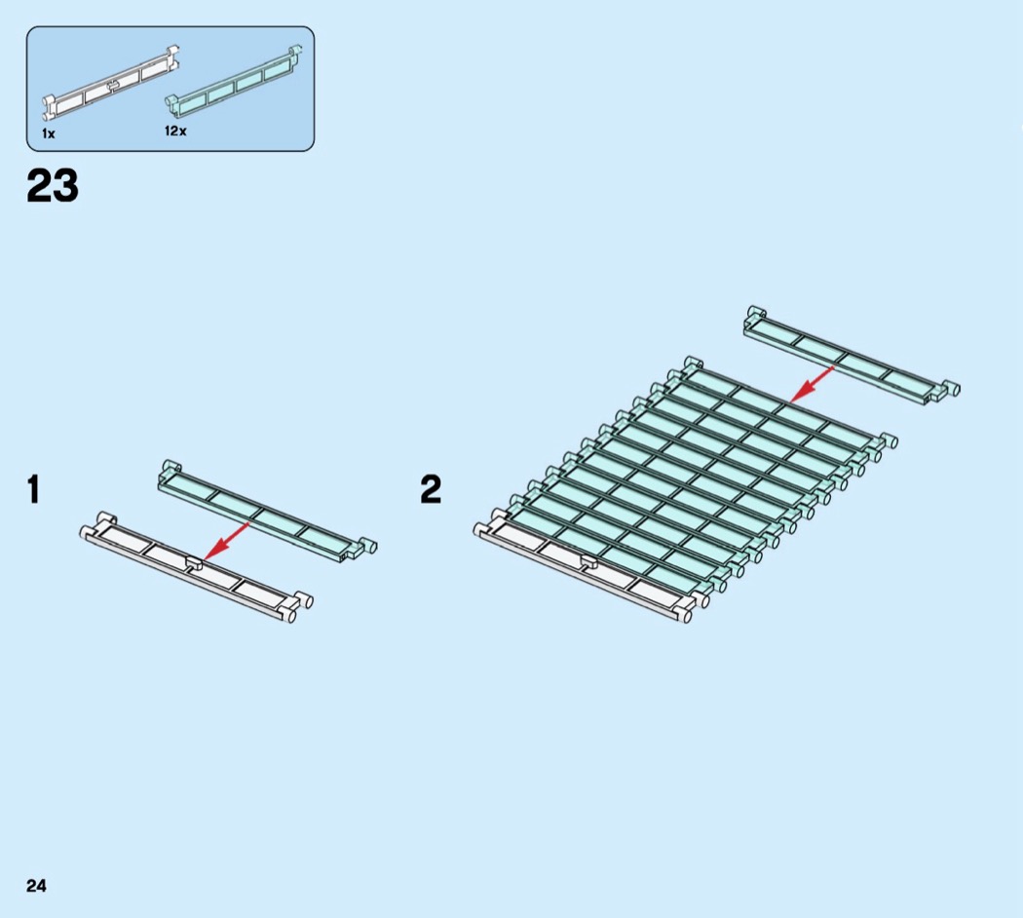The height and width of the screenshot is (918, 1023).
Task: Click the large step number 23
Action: point(53,186)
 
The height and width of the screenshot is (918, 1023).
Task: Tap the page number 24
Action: point(36,885)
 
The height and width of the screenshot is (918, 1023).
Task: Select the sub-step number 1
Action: point(34,489)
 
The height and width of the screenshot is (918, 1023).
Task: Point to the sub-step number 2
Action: point(431,489)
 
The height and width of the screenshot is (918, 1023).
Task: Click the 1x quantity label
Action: point(48,134)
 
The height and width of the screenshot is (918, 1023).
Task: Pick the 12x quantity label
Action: point(175,131)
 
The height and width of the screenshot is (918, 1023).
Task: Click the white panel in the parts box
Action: point(112,82)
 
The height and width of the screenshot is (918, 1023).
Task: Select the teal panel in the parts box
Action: point(234,79)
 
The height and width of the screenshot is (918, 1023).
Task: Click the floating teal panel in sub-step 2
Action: point(848,357)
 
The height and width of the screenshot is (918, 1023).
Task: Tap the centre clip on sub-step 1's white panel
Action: point(193,561)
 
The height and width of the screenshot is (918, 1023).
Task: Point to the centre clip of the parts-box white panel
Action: point(115,85)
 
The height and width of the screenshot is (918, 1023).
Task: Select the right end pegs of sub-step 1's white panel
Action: point(296,606)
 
